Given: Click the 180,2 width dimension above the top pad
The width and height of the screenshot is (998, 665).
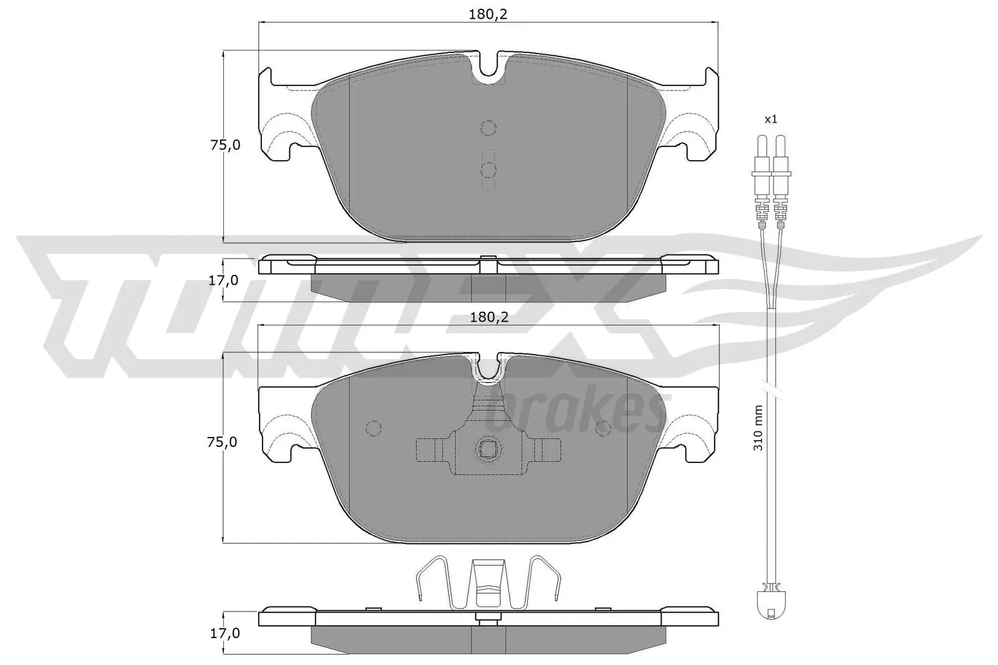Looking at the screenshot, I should coord(488,14).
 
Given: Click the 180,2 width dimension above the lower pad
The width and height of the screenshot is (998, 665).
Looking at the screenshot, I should coord(488,317).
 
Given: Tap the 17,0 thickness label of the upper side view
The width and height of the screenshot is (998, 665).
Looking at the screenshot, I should coord(223,280).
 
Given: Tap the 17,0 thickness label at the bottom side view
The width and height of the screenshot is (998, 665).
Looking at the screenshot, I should coord(223,634).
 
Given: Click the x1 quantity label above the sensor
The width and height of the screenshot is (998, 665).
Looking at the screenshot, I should coord(772,119).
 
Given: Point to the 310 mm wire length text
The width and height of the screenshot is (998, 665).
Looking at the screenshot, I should coord(758,428).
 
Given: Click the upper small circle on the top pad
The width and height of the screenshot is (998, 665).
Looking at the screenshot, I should coord(488,128).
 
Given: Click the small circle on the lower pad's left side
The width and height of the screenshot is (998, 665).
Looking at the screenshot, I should coord(373,428).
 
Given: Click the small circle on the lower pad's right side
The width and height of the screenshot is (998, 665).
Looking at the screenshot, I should coord(603,428).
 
